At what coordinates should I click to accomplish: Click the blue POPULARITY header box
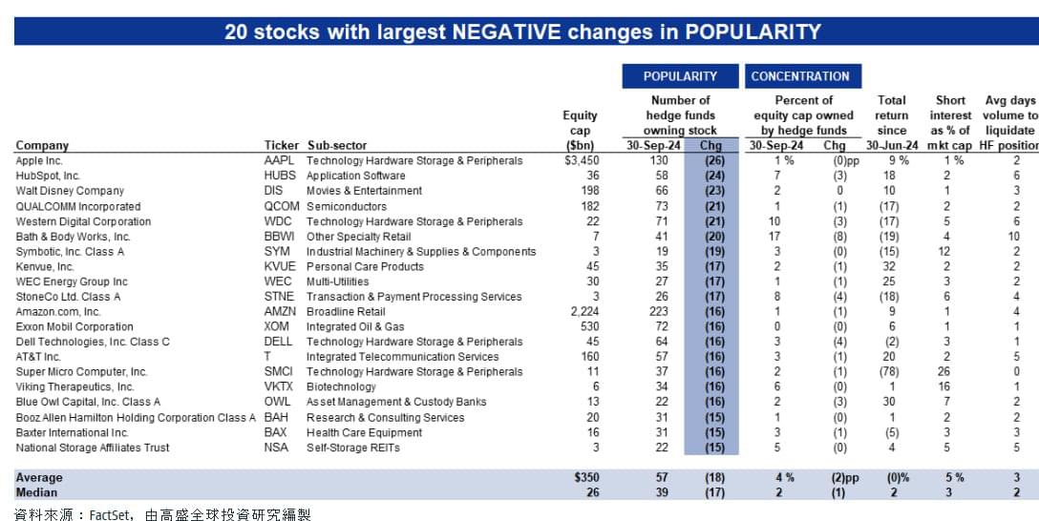[x=680, y=76]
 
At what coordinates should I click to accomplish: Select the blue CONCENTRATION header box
[x=803, y=76]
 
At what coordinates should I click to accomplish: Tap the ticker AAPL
[x=279, y=160]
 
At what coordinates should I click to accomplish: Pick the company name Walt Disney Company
[x=70, y=191]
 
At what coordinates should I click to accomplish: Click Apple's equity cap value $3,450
[x=582, y=160]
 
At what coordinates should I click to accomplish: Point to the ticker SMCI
[x=278, y=371]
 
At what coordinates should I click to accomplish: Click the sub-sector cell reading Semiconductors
[x=347, y=206]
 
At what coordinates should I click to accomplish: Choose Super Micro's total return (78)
[x=888, y=371]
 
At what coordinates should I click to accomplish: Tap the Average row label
[x=39, y=477]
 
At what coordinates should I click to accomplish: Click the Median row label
[x=36, y=492]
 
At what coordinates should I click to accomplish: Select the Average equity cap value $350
[x=585, y=477]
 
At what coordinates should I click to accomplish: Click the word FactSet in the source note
[x=109, y=513]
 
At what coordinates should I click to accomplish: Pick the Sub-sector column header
[x=336, y=145]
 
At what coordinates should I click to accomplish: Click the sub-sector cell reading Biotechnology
[x=341, y=386]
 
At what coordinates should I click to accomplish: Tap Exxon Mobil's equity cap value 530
[x=590, y=326]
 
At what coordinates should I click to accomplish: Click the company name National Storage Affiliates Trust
[x=92, y=448]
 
